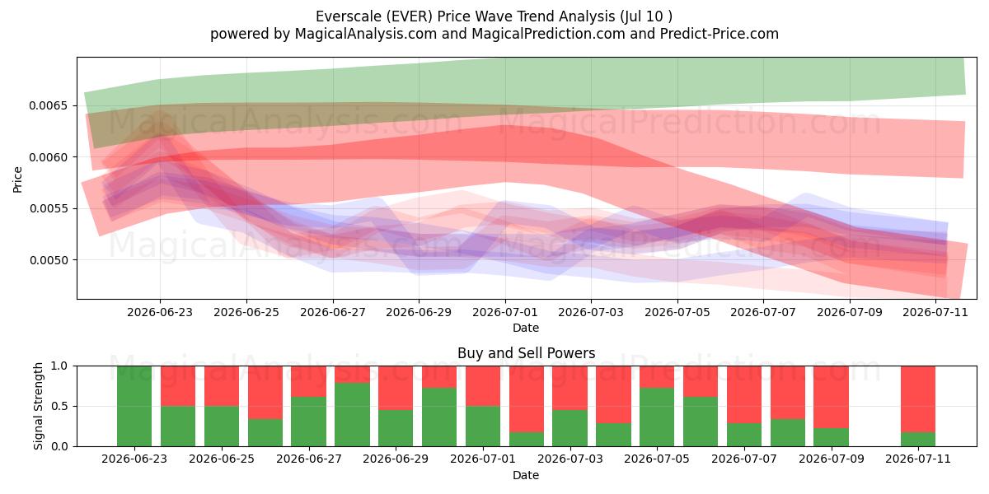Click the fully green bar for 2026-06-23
134,406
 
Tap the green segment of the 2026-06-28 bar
352,415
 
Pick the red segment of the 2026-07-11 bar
918,399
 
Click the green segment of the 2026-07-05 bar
657,417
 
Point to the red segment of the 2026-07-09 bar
832,397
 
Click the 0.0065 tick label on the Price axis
48,106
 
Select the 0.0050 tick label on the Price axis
48,260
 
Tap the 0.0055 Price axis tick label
48,208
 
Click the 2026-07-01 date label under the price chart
505,312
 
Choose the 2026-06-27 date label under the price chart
333,312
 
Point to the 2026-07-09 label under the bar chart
832,459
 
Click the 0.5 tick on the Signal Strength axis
59,406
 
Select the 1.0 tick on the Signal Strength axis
59,366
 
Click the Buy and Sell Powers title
527,353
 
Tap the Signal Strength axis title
39,406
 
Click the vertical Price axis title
17,180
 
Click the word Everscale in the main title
349,16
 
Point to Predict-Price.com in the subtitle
719,34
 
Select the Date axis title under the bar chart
526,475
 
